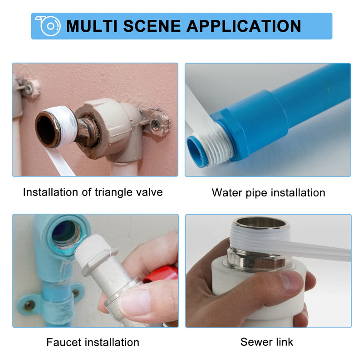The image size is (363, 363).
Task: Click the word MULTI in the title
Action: pos(92,26)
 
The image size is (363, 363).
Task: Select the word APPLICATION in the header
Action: pos(244,26)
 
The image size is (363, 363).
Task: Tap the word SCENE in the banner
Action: pos(152,26)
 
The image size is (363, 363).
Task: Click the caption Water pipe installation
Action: pos(269,192)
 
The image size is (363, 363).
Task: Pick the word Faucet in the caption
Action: pos(61,342)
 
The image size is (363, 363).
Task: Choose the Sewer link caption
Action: pos(267,342)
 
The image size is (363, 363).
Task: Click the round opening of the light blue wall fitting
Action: pos(66,234)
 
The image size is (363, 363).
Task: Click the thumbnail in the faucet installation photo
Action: pos(135,302)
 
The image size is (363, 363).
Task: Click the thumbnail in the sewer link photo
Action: pos(291,281)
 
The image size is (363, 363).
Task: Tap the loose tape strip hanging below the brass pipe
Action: pos(60,162)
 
